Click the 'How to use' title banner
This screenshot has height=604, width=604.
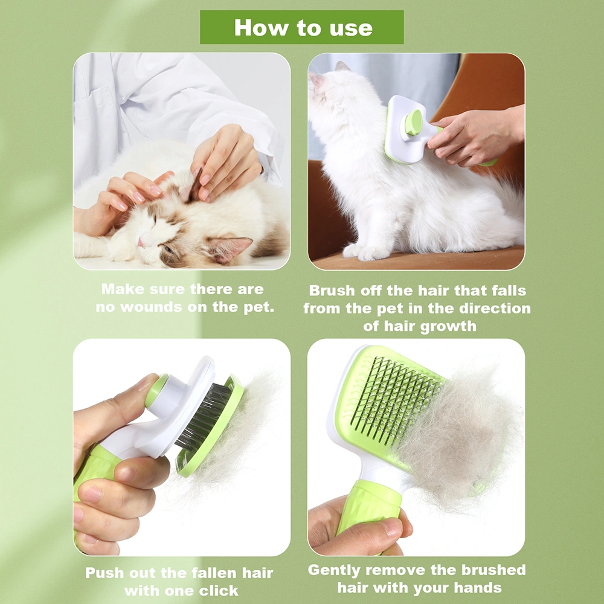[301, 27]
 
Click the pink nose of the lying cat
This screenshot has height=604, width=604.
[141, 243]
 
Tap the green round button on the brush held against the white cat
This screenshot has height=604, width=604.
[413, 123]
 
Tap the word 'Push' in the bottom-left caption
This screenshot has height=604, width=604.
[104, 573]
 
